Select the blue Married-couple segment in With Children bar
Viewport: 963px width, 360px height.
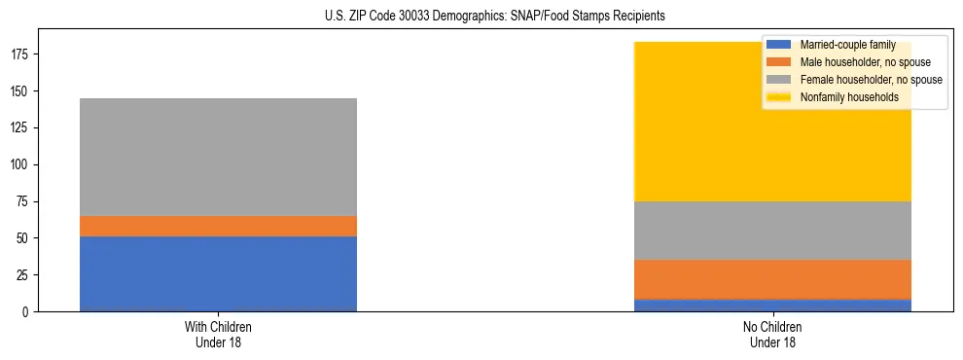coord(218,273)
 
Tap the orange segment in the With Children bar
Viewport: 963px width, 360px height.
coord(218,226)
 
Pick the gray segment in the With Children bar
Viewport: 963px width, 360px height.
coord(218,157)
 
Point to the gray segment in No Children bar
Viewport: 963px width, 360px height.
coord(772,231)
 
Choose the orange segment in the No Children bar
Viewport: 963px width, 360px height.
coord(772,279)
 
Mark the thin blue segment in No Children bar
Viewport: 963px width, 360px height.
coord(772,306)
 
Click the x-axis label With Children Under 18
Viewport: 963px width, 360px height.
coord(218,334)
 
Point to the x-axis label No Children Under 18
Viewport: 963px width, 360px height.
coord(772,334)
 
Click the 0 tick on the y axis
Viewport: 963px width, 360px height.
coord(26,311)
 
